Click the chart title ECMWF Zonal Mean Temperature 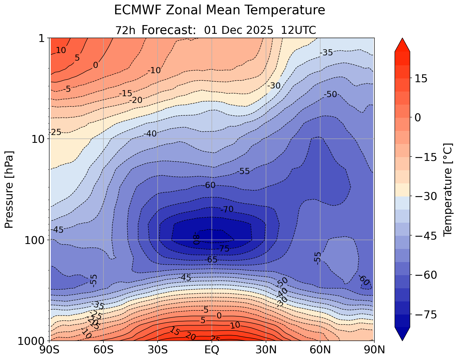219,10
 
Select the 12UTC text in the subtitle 299,30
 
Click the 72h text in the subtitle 125,30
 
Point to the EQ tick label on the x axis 212,350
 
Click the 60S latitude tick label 104,350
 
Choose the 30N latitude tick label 266,350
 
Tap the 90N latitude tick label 374,350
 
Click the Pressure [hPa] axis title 9,189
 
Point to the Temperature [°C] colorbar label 447,189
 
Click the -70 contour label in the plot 227,209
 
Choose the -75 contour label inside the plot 223,249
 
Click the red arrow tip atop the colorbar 402,44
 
